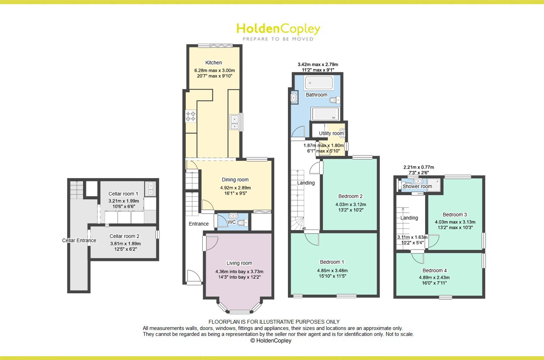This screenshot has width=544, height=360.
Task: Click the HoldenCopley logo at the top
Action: click(278, 31)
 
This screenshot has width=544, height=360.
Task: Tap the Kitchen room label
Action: click(213, 63)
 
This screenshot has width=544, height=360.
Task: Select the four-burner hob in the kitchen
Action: click(191, 116)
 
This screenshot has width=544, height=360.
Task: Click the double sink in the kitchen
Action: click(234, 122)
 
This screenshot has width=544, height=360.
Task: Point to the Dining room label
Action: click(235, 179)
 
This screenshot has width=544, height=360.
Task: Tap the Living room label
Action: click(239, 263)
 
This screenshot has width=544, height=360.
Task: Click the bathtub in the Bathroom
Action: click(319, 83)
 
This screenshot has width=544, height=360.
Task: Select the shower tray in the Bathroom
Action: click(325, 114)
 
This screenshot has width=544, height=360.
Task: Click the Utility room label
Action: click(331, 133)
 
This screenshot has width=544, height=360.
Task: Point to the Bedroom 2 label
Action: click(350, 196)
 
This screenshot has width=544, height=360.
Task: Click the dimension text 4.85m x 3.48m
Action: click(332, 270)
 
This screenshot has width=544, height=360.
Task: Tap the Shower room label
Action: click(417, 186)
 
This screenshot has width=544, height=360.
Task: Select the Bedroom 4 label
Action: click(434, 270)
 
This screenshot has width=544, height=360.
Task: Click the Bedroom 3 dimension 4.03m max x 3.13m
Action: click(455, 222)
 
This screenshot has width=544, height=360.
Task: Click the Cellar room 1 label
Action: click(123, 194)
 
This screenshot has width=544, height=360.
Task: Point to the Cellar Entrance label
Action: click(79, 240)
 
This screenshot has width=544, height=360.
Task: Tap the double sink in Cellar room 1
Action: click(151, 189)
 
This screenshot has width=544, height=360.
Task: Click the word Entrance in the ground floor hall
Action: click(198, 224)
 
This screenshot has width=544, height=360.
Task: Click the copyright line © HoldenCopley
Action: click(271, 340)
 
